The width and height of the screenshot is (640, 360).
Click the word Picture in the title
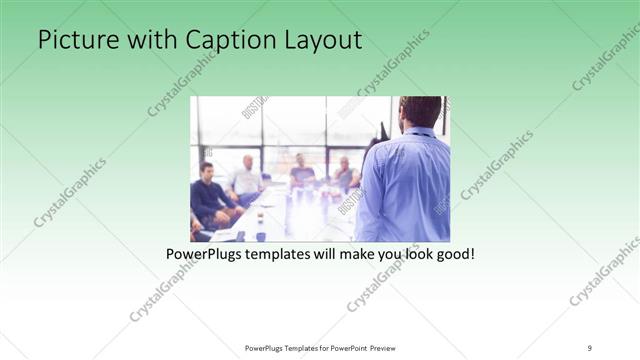[71, 40]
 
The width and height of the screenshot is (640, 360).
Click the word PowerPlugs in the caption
[205, 255]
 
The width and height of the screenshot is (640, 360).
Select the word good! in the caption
[453, 255]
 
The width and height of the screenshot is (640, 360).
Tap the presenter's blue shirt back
[405, 190]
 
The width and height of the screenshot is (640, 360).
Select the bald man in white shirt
[245, 177]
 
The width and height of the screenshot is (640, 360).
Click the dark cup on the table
[260, 236]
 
